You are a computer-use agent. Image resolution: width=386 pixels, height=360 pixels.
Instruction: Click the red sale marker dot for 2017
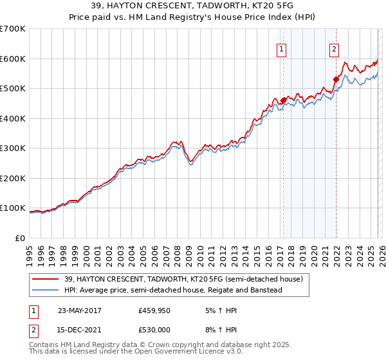tap(283, 100)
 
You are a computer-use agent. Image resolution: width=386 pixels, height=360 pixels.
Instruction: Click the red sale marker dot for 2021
tap(336, 80)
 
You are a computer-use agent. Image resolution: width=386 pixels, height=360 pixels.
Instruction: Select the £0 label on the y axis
tap(19, 238)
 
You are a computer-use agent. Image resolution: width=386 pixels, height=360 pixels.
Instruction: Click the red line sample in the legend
tap(46, 279)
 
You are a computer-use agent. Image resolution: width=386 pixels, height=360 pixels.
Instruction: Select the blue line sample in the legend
tap(46, 290)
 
